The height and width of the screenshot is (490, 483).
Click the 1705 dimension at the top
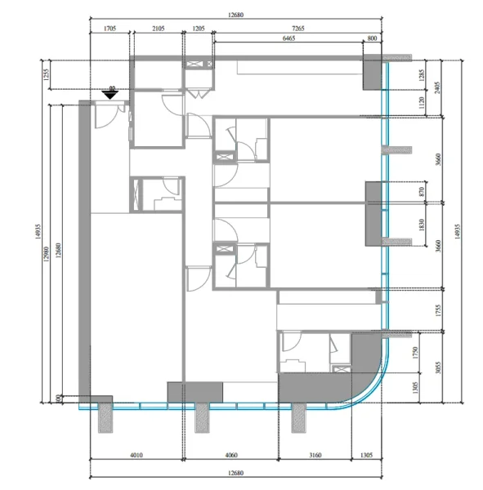pos(109,29)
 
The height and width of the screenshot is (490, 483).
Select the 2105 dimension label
pos(159,29)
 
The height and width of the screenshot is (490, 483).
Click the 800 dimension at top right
pos(374,38)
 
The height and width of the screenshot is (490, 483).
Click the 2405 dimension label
pos(439,87)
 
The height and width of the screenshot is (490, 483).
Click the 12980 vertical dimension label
pos(48,253)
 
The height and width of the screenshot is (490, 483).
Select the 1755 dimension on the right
pos(439,310)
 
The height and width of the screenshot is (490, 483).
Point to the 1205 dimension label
pos(199,29)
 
